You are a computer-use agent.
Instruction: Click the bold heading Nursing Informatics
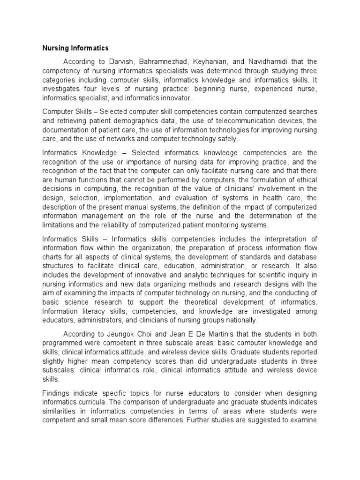[x=75, y=48]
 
